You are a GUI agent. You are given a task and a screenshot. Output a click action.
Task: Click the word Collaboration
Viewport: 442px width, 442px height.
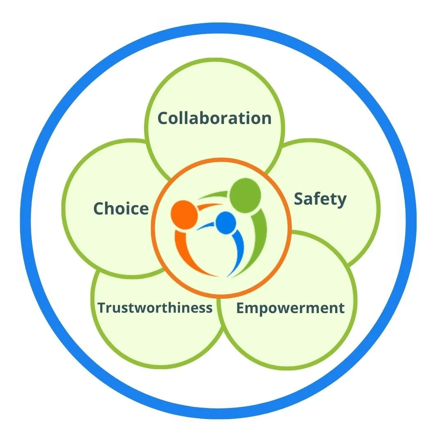click(214, 118)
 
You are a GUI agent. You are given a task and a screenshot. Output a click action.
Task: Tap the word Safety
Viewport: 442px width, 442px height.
click(320, 200)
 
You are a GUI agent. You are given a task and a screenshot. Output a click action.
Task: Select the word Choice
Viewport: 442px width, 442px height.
click(121, 208)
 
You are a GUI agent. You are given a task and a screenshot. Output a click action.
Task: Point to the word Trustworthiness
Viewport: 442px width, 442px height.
click(155, 307)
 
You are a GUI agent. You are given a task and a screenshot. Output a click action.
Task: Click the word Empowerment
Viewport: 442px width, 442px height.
click(291, 308)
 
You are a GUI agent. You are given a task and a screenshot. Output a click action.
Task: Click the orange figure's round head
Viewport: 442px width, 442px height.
click(184, 214)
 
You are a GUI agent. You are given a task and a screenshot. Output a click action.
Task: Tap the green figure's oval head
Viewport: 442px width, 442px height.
click(245, 196)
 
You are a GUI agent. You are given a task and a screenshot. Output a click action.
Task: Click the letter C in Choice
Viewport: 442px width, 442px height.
click(100, 208)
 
